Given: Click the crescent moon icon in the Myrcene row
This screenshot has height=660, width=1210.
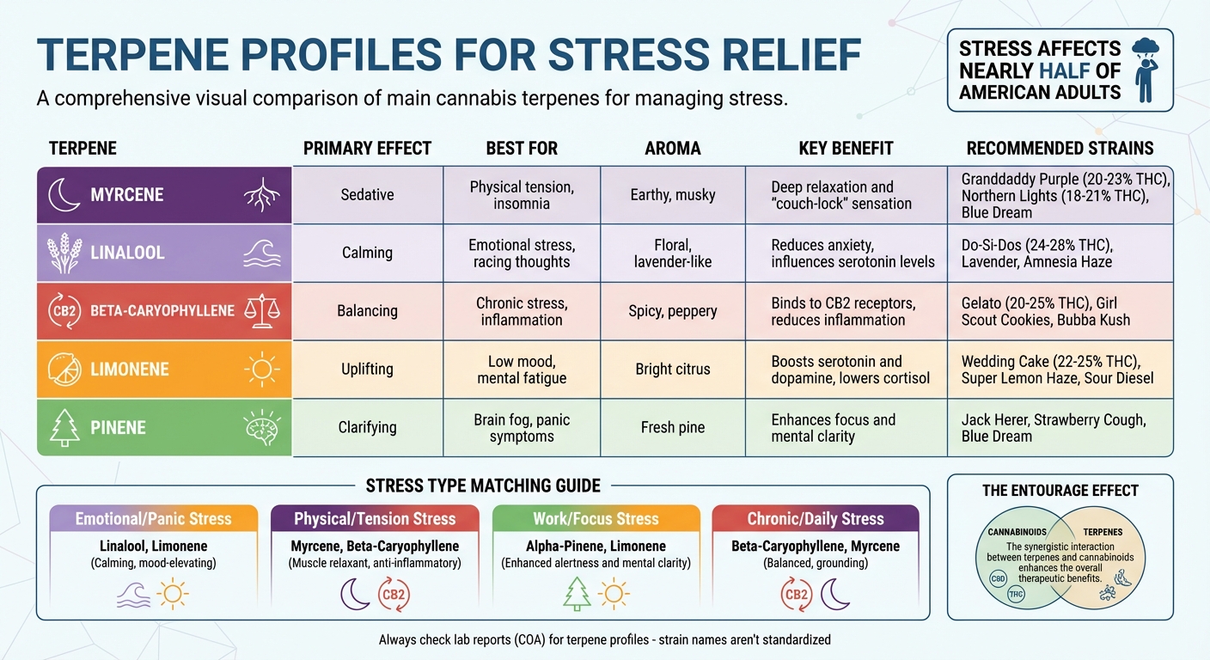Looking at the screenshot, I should (64, 195).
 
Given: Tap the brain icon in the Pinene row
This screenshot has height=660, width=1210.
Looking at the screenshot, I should (261, 427).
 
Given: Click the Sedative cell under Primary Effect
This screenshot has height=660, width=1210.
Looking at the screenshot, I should (367, 195).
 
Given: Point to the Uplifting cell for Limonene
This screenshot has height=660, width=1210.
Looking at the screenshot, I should (367, 369).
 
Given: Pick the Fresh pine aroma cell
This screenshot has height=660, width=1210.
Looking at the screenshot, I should (673, 427).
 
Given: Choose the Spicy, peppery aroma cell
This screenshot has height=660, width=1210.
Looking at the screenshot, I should (673, 310).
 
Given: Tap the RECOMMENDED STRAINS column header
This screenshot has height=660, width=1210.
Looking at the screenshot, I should (1060, 148).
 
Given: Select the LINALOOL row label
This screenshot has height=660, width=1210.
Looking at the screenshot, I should (127, 253).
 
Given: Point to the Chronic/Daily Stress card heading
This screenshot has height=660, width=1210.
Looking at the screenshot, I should (816, 518).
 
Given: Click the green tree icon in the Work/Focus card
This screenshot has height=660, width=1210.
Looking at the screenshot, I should (577, 594).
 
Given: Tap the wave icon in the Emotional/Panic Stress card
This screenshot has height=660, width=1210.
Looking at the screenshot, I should (133, 594).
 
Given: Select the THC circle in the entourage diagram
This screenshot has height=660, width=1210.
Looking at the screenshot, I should (1016, 595).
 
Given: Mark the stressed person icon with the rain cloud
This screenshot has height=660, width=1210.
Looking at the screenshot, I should (1145, 69).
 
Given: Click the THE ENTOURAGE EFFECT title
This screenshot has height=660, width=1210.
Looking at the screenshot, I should (1060, 491).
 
